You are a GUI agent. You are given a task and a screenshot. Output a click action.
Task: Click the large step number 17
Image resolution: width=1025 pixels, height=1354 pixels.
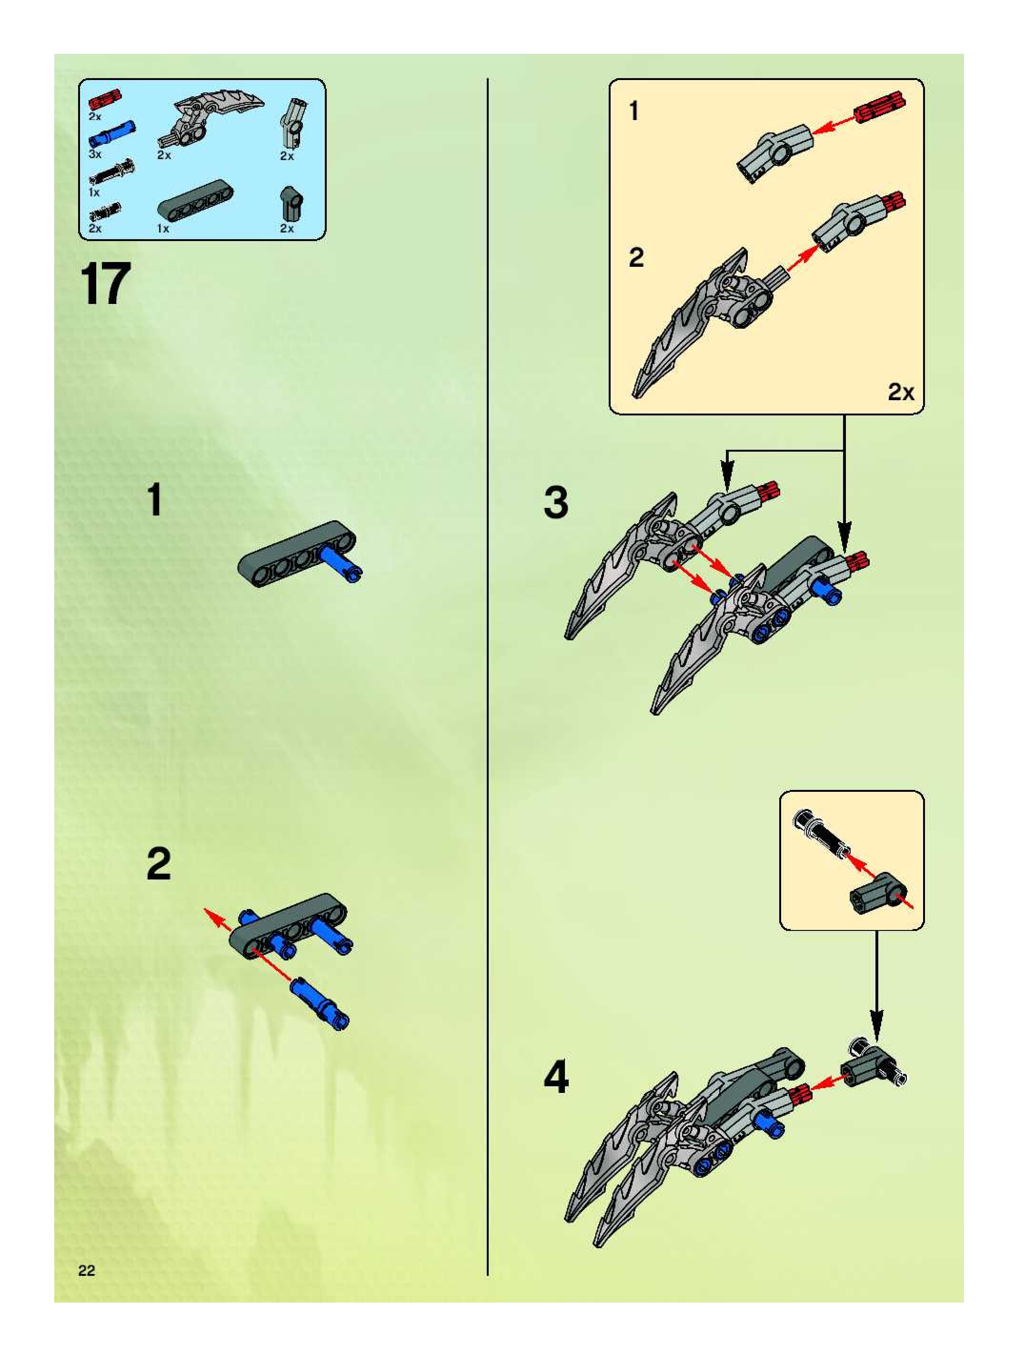[105, 283]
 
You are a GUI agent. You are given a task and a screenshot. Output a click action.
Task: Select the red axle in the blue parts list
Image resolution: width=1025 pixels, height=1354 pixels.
[105, 99]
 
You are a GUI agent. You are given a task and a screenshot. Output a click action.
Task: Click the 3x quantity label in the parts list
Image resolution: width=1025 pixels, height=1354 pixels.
[95, 154]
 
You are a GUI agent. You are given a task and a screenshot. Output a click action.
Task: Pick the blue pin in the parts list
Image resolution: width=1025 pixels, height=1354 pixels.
[112, 131]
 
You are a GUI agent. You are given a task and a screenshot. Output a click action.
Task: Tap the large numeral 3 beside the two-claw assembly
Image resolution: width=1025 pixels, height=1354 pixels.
[556, 503]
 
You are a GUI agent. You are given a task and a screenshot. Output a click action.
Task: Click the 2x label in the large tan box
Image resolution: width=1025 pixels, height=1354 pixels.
[901, 392]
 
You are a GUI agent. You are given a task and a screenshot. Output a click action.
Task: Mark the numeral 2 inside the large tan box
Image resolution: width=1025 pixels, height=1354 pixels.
[636, 258]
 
